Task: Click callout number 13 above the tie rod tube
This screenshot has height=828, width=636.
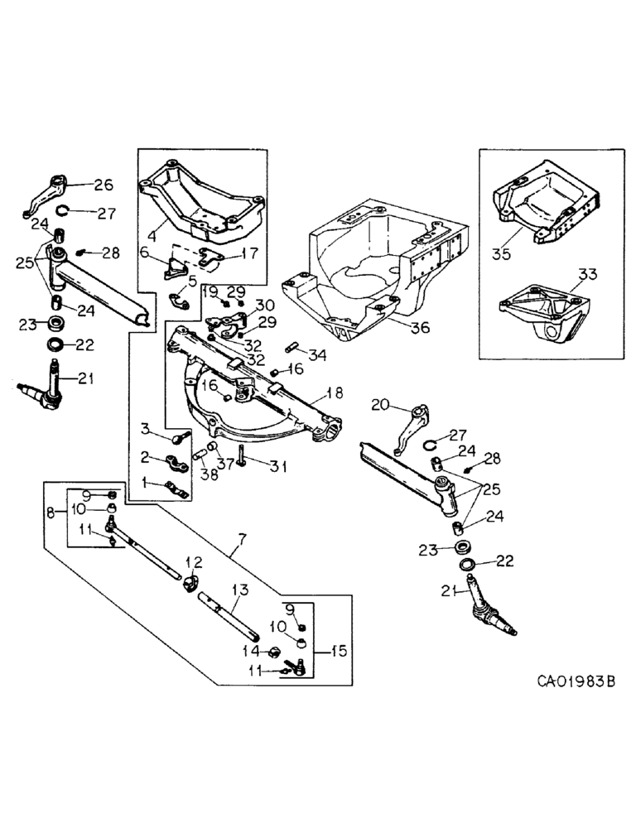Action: click(x=241, y=590)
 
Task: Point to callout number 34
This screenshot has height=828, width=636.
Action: click(x=317, y=355)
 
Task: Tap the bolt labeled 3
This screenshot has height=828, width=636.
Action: click(x=179, y=436)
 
